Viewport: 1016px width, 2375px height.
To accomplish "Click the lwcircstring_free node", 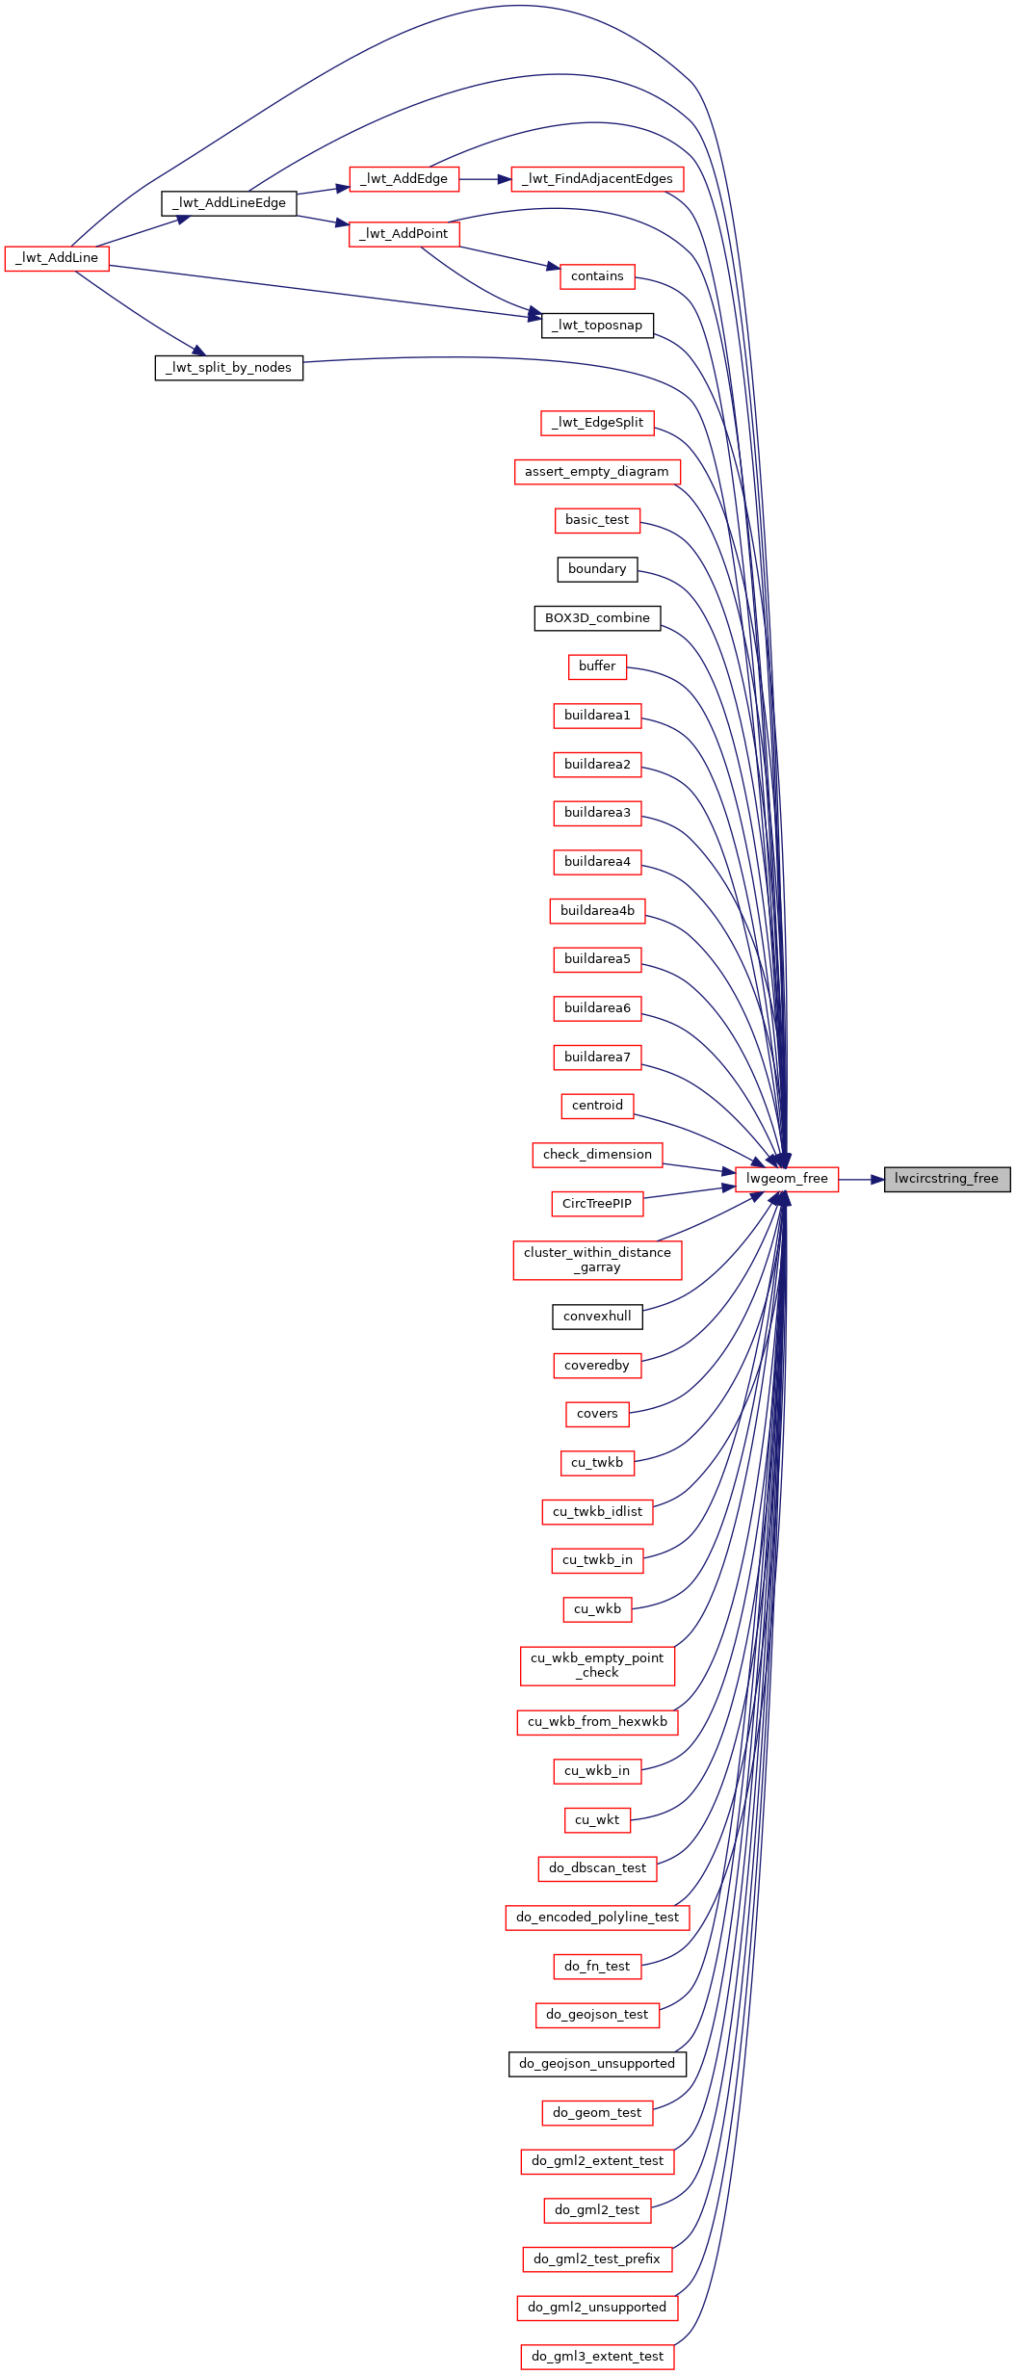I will point(947,1179).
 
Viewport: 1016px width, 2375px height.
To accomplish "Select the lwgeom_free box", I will point(787,1179).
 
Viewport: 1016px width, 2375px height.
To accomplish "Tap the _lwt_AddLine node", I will point(57,258).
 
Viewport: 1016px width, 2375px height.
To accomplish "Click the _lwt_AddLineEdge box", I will point(229,203).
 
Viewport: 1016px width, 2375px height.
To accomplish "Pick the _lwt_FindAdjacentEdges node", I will point(597,179).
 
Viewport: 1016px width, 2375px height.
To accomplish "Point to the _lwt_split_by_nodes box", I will point(229,368).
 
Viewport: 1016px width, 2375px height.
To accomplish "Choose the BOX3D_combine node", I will point(597,618).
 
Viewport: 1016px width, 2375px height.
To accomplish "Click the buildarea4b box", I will point(597,911).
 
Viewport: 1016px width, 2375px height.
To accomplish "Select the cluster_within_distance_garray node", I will point(597,1260).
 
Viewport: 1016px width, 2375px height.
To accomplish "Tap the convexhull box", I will point(597,1317).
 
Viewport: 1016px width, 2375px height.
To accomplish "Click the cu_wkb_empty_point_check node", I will point(597,1665).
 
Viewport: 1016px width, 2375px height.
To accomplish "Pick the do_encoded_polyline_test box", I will point(597,1918).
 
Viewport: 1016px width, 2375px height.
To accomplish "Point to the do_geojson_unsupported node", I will point(597,2064).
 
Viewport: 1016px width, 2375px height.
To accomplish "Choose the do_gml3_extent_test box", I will point(597,2357).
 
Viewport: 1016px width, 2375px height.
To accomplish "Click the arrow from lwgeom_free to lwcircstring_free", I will point(861,1179).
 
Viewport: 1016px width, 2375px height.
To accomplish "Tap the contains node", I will point(597,276).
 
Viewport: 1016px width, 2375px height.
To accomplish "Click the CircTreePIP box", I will point(597,1204).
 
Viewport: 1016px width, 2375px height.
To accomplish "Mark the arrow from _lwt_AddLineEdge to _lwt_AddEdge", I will point(323,190).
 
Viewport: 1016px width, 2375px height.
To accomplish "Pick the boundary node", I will point(597,569).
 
